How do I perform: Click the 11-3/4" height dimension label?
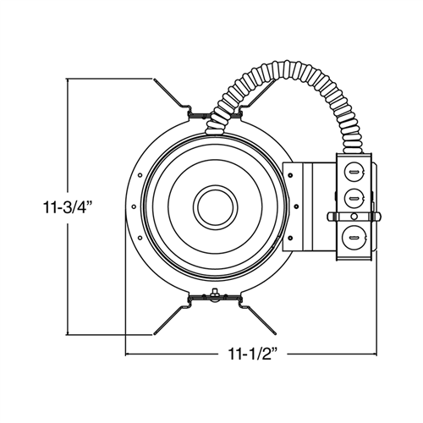pyautogui.click(x=33, y=206)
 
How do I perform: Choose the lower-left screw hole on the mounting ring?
pyautogui.click(x=139, y=239)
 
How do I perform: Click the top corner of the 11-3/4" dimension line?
pyautogui.click(x=68, y=79)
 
